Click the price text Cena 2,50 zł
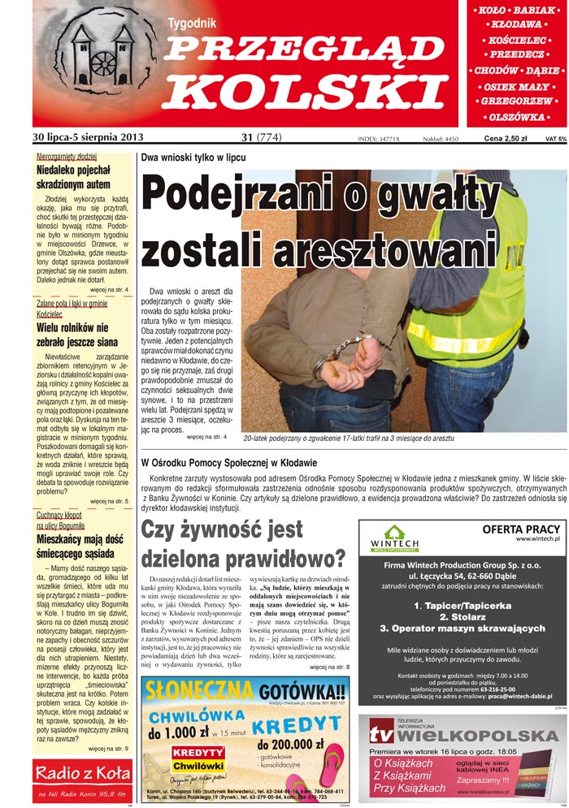click(x=506, y=139)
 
